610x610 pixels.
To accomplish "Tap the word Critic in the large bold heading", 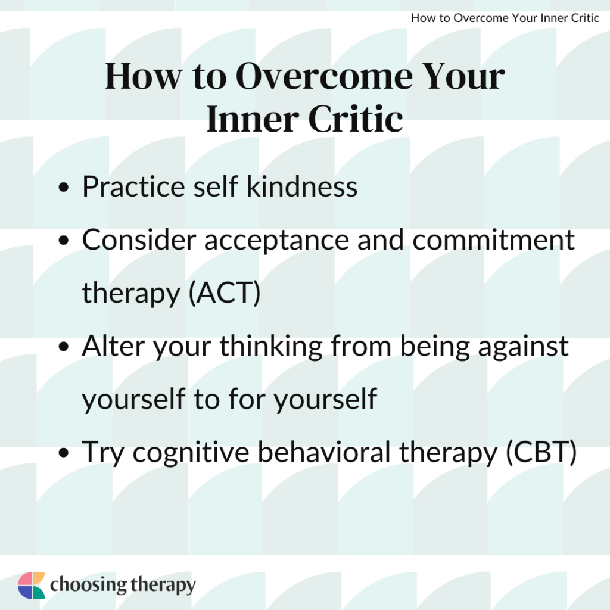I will (355, 120).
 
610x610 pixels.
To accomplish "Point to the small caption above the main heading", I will (505, 18).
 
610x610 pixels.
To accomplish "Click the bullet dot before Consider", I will (64, 242).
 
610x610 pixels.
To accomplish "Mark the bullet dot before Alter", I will (64, 348).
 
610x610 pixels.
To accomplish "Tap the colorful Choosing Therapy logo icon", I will (32, 586).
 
